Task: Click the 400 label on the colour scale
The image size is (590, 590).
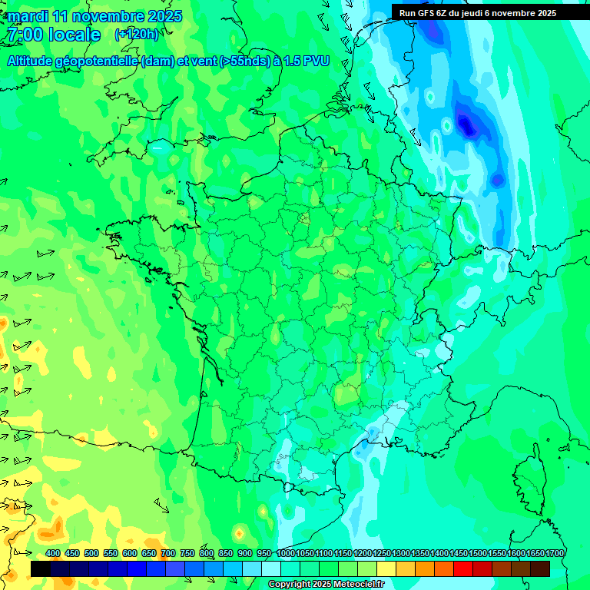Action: [53, 553]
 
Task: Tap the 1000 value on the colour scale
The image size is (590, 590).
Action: [286, 553]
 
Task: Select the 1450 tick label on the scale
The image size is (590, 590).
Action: [459, 553]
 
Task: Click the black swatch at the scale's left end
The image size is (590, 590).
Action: [41, 568]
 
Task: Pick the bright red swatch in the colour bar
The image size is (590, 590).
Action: [462, 568]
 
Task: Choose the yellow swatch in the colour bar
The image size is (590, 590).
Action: [386, 568]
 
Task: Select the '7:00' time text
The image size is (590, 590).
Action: [23, 35]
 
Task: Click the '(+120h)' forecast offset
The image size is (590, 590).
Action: [137, 35]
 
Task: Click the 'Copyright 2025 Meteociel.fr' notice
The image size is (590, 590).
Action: [326, 585]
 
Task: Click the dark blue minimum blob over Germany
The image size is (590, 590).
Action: [466, 123]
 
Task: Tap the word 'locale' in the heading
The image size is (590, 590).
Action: [74, 35]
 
